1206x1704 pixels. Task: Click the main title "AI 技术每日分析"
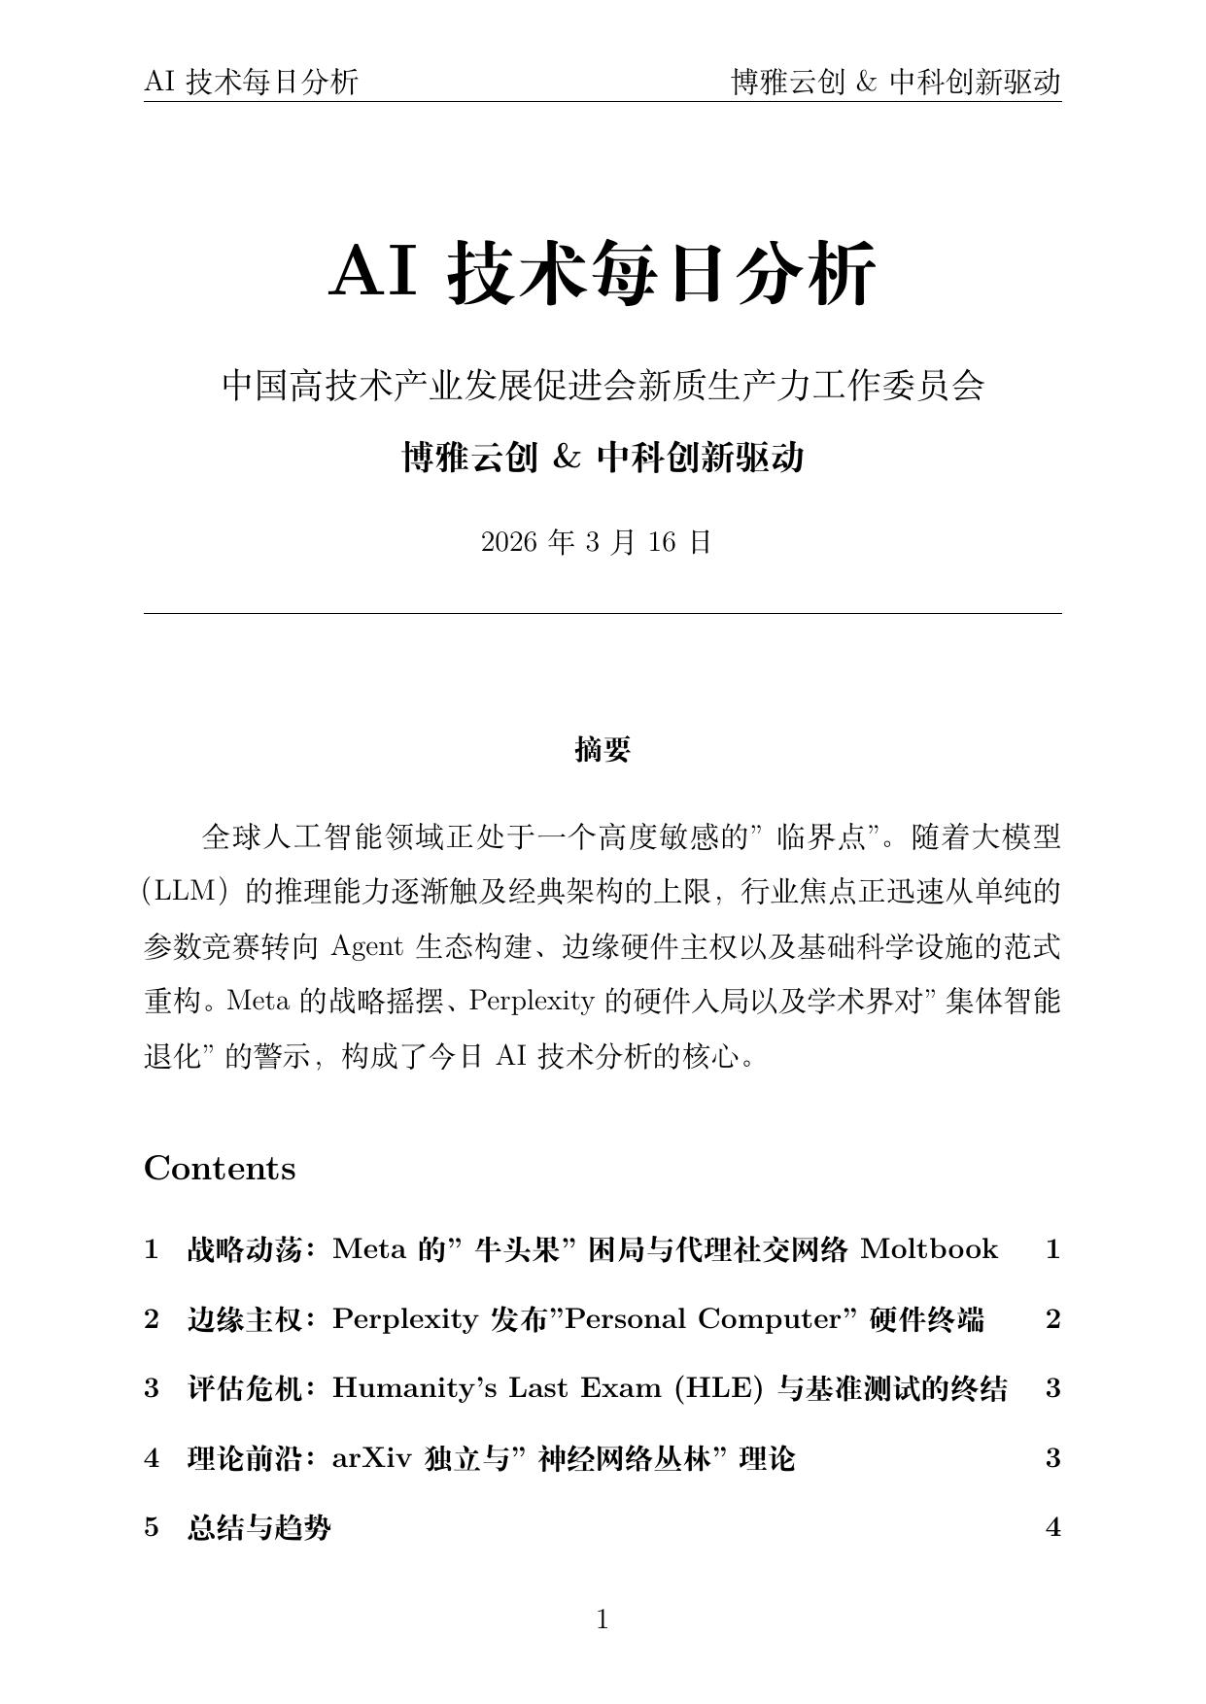pos(603,273)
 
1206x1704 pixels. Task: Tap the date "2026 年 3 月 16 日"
pos(597,542)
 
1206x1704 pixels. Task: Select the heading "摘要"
pos(603,749)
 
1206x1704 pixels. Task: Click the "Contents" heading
pos(220,1168)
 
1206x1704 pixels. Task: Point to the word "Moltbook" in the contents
pos(929,1248)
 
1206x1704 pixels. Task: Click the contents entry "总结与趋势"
pos(258,1528)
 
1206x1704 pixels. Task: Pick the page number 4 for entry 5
pos(1052,1528)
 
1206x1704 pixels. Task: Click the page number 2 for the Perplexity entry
pos(1052,1318)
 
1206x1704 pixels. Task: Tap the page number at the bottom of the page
pos(603,1619)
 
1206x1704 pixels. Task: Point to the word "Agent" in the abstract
pos(366,946)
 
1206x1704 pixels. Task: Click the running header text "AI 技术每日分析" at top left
pos(251,83)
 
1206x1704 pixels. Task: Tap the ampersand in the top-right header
pos(866,83)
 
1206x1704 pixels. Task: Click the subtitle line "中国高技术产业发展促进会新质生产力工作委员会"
pos(603,386)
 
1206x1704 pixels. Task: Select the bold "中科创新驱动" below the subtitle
pos(700,457)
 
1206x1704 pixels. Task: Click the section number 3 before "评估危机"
pos(152,1388)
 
